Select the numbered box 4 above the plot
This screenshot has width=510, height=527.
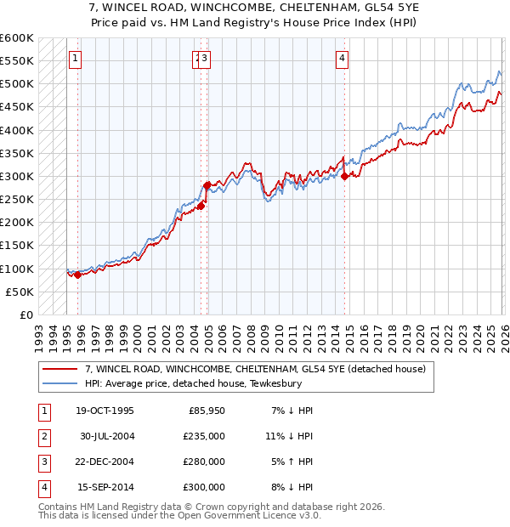tap(342, 59)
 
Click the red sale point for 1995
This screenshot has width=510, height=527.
tap(78, 275)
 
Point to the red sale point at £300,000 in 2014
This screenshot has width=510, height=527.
tap(344, 176)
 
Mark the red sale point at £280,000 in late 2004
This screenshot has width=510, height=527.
tap(207, 184)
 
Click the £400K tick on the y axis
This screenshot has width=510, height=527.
tap(17, 130)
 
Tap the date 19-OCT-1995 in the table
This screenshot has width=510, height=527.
tap(105, 411)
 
